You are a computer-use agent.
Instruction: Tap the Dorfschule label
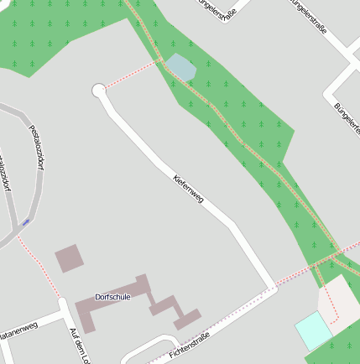point(112,296)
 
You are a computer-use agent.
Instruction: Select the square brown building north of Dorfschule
point(70,257)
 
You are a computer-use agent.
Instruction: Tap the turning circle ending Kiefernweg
point(99,90)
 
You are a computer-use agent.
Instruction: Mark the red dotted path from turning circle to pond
point(131,74)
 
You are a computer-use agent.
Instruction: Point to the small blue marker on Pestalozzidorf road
point(26,221)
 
